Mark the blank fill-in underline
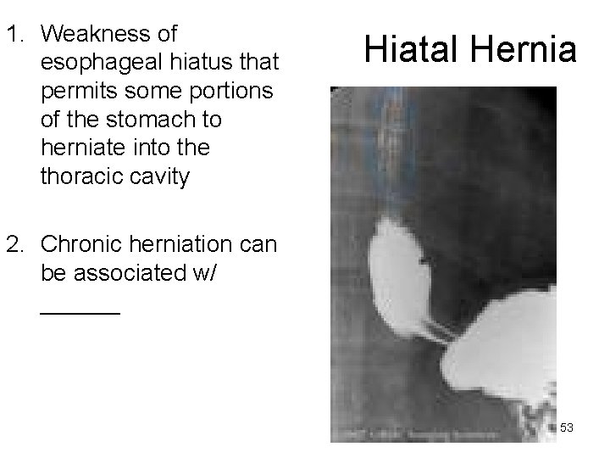click(80, 313)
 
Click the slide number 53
click(567, 428)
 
